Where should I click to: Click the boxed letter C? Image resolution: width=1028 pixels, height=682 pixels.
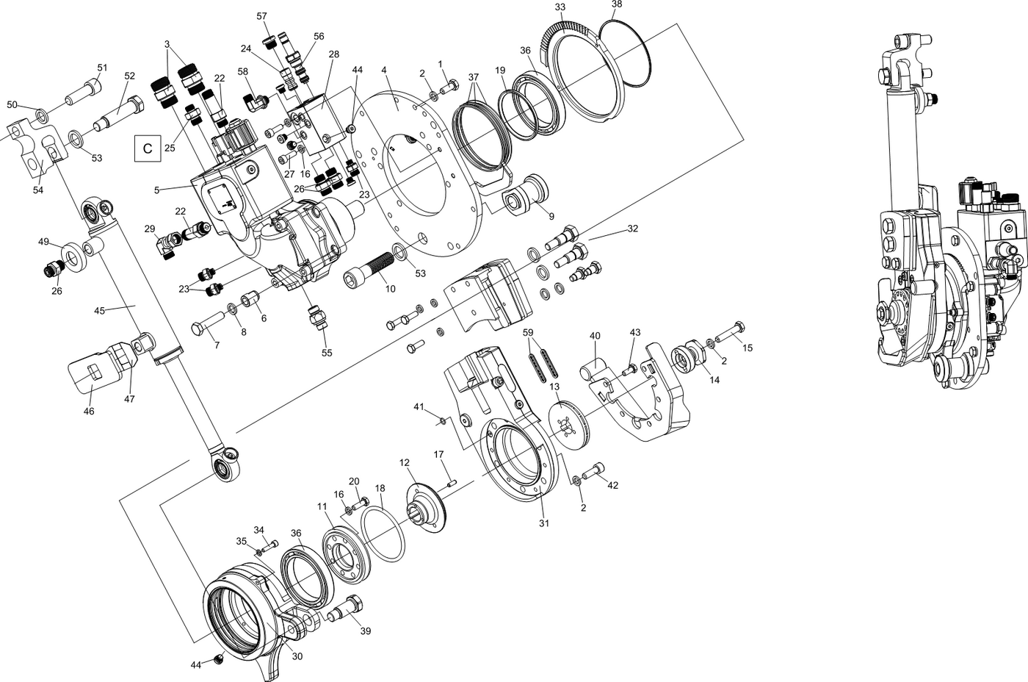click(x=147, y=148)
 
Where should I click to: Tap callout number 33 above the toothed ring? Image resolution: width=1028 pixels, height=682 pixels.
click(x=560, y=7)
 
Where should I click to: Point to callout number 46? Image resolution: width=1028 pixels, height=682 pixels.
click(x=89, y=412)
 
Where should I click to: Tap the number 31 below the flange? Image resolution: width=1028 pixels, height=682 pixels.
click(x=543, y=523)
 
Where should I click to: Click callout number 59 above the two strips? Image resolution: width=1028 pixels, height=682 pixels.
click(x=527, y=333)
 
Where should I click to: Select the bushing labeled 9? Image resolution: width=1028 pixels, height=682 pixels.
click(x=524, y=193)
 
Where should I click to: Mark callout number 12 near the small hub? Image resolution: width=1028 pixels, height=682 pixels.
click(x=404, y=462)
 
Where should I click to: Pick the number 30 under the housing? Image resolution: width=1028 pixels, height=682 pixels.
click(x=297, y=656)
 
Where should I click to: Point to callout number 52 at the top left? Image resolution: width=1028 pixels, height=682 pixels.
click(x=130, y=76)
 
